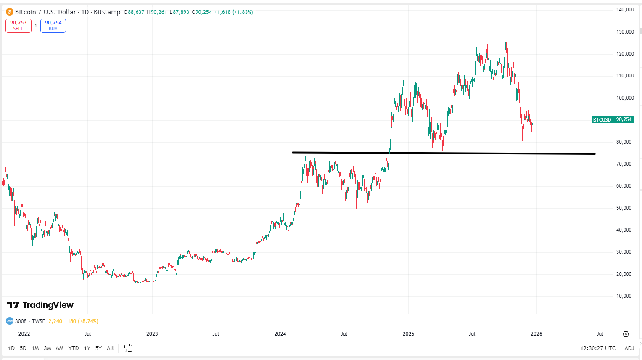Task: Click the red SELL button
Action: coord(18,26)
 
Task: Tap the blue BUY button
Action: coord(53,26)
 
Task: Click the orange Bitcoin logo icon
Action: coord(9,12)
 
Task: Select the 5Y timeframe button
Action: coord(98,348)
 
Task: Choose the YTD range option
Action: coord(74,348)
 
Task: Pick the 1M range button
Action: coord(35,348)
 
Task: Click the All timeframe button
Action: coord(110,348)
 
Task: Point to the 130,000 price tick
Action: coord(625,32)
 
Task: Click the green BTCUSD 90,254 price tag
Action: coord(612,120)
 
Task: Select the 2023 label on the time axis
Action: coord(152,334)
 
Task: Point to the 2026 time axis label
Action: coord(536,334)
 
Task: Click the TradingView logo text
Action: coord(40,305)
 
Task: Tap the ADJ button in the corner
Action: coord(629,348)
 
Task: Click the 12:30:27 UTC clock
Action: coord(597,348)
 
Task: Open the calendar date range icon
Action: coord(128,348)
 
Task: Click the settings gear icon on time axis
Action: coord(626,334)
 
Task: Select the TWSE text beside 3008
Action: coord(38,321)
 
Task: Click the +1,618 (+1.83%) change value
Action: coord(233,12)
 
